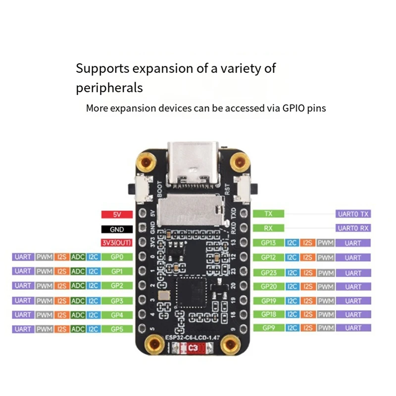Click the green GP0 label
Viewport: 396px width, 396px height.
pyautogui.click(x=117, y=257)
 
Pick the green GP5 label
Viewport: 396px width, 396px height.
pyautogui.click(x=117, y=329)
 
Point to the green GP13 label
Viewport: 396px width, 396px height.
pyautogui.click(x=268, y=243)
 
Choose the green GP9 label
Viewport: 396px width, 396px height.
pyautogui.click(x=268, y=328)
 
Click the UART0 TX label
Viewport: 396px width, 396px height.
pyautogui.click(x=353, y=214)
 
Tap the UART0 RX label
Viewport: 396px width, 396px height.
pyautogui.click(x=353, y=228)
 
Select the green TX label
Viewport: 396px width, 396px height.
pyautogui.click(x=268, y=214)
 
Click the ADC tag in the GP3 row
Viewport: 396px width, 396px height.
pyautogui.click(x=78, y=300)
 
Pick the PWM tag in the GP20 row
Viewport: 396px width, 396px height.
pyautogui.click(x=325, y=287)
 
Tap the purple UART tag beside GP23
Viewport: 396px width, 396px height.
pyautogui.click(x=353, y=273)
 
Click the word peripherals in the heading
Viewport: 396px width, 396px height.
pyautogui.click(x=109, y=88)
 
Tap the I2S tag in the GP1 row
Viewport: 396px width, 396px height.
pyautogui.click(x=62, y=271)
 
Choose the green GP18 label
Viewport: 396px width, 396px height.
pyautogui.click(x=268, y=314)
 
